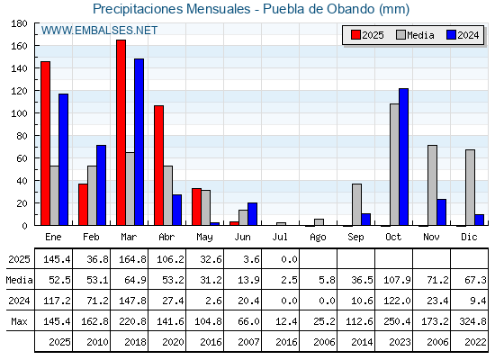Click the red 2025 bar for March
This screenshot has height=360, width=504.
point(121,132)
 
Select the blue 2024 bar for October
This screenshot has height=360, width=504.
point(404,157)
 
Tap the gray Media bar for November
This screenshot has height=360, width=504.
point(432,185)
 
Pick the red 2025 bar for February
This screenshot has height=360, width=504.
point(83,204)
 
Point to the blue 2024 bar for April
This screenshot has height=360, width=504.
point(176,210)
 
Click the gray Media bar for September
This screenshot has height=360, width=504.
point(356,204)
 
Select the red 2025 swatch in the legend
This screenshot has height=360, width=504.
point(355,35)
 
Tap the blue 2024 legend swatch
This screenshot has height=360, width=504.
point(452,35)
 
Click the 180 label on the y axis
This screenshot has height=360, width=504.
point(19,23)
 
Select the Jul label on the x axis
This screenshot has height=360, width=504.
point(280,237)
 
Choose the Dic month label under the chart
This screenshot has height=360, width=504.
point(469,237)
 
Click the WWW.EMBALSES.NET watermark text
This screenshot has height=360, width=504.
point(99,31)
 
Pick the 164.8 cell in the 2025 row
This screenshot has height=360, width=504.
point(132,259)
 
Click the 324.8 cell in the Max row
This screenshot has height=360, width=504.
point(472,321)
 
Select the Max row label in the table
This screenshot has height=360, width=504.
point(19,321)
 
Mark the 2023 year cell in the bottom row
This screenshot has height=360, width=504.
point(400,342)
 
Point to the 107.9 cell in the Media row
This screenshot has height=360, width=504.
point(397,280)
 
